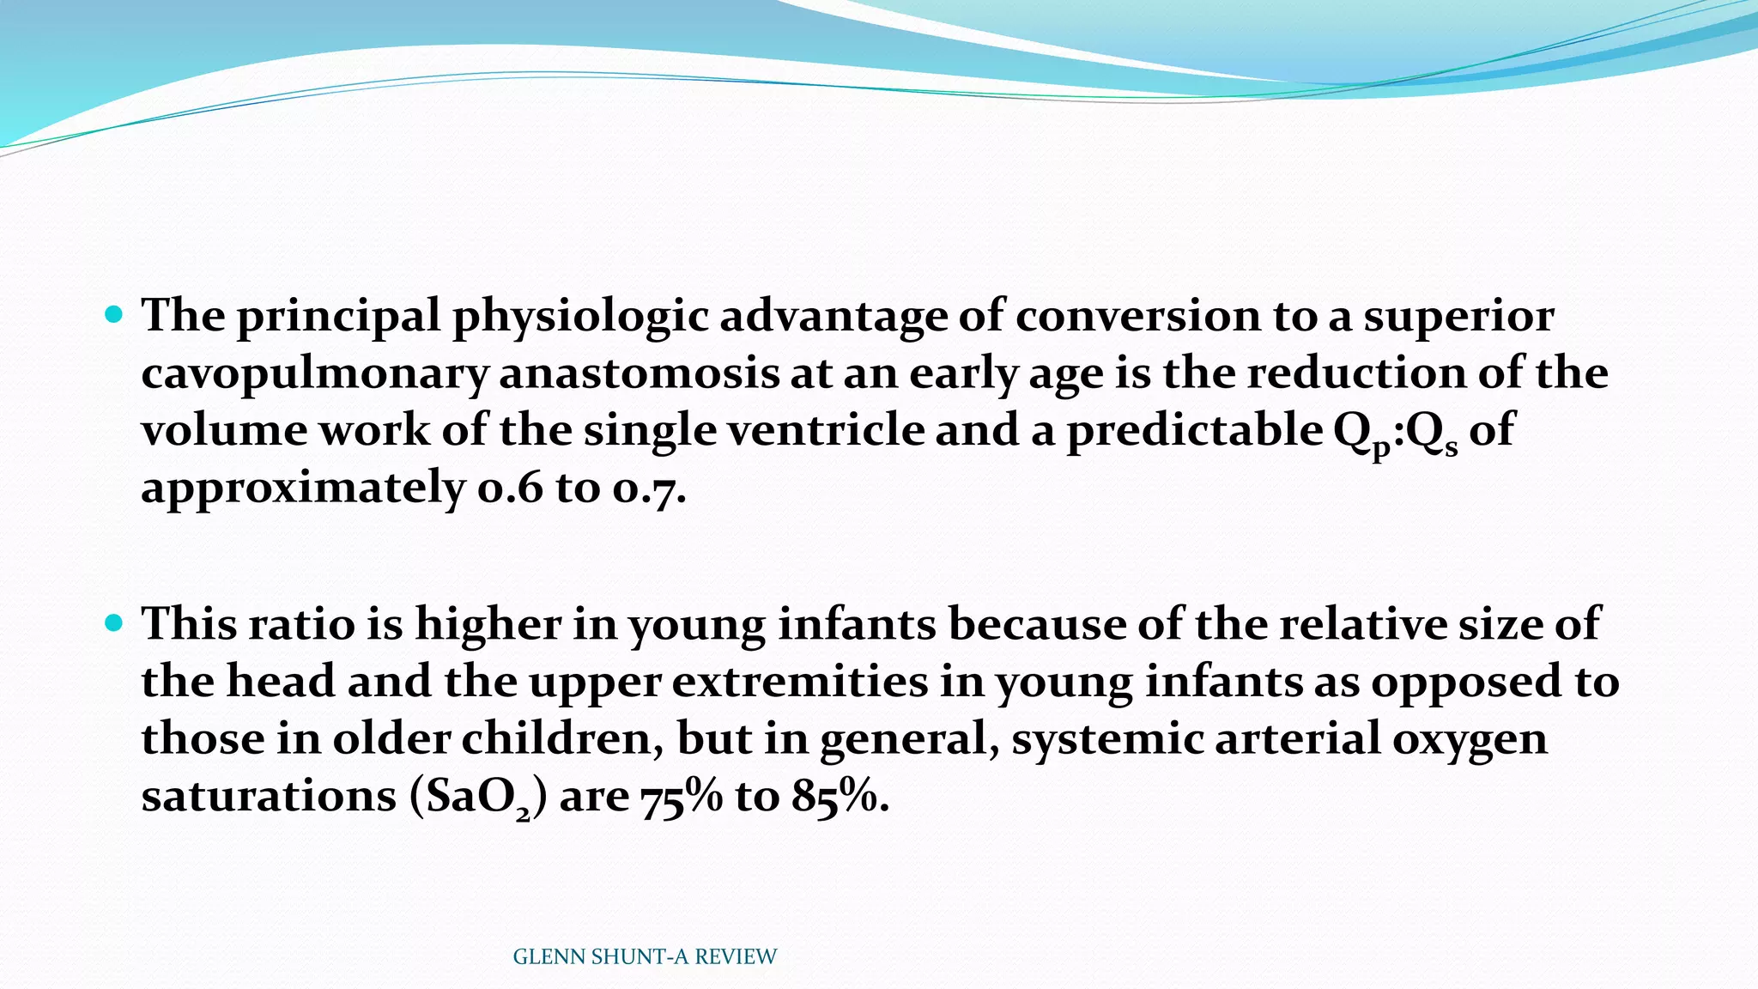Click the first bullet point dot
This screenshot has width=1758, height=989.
click(113, 314)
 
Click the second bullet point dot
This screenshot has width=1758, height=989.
click(113, 622)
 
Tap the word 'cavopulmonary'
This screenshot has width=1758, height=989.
click(314, 374)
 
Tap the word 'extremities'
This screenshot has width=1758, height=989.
click(800, 682)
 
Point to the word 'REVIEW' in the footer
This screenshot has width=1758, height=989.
click(736, 957)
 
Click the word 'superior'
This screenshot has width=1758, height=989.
click(1458, 316)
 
